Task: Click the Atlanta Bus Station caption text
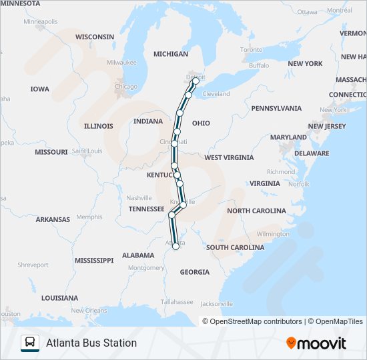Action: point(91,343)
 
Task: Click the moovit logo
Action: point(316,343)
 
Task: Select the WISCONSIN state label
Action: point(95,37)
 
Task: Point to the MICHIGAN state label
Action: point(171,54)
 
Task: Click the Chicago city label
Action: point(125,87)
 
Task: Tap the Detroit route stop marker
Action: point(195,83)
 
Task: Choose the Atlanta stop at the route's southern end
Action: point(175,246)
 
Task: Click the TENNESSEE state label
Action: point(146,209)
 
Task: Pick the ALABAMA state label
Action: point(138,255)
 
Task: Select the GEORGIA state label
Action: point(194,272)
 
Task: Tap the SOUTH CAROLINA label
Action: point(235,247)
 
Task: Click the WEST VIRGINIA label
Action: point(229,158)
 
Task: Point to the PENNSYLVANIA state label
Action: point(276,108)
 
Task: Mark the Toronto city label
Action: point(252,50)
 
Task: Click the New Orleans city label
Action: point(89,311)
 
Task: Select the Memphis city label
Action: point(89,217)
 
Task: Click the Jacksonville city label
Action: point(216,304)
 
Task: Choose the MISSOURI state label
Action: point(51,152)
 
